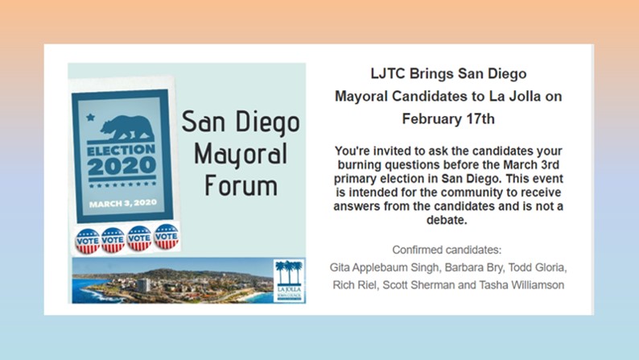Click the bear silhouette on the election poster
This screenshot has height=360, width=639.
126,128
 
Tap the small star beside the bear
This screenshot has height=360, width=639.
90,118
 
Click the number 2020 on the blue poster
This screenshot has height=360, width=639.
122,166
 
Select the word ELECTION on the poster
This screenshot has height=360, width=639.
122,150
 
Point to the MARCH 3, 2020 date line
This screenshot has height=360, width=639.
122,203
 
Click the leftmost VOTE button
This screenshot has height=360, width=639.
88,241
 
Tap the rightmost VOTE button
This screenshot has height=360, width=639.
167,237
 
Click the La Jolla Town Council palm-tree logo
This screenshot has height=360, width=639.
289,280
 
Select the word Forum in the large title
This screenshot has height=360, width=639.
241,185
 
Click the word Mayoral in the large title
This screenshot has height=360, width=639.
241,155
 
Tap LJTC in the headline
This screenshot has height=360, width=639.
388,74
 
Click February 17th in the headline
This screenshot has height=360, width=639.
448,118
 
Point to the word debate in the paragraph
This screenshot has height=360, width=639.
447,220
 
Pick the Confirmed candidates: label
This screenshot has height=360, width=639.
447,250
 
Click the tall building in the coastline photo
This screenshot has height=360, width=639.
143,285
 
